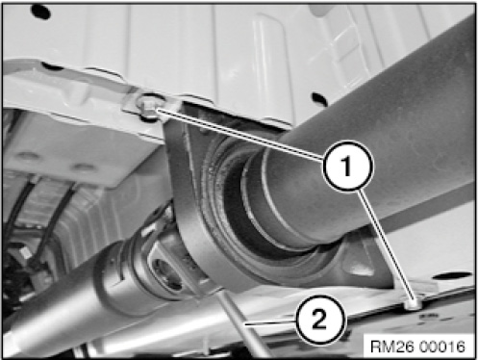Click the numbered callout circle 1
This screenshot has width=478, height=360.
pos(348,166)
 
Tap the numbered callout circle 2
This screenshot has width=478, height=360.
pos(321,321)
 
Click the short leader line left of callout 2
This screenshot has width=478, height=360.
pos(271,323)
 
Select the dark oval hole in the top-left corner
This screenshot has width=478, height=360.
pos(40,12)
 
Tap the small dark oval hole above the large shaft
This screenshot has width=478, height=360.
pos(319,98)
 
